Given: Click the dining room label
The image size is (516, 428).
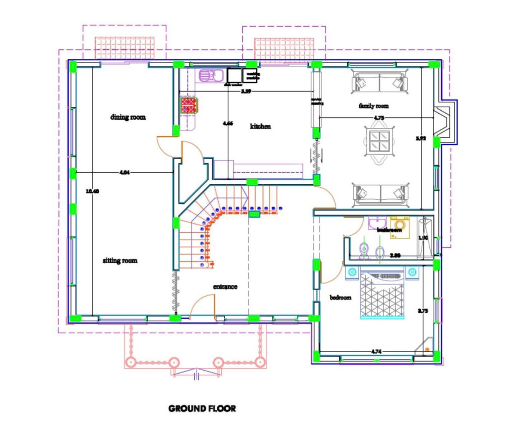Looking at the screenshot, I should click(x=128, y=117).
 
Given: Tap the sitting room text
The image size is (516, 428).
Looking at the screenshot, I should click(x=120, y=261).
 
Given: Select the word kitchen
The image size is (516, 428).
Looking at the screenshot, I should click(x=261, y=126).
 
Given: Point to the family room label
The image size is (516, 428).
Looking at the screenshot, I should click(x=373, y=106).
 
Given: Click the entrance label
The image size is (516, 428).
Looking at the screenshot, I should click(x=225, y=287).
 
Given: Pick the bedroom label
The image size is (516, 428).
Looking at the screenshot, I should click(x=340, y=298).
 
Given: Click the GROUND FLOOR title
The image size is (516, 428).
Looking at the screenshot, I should click(x=202, y=408).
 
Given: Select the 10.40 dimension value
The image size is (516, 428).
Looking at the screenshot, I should click(x=92, y=191).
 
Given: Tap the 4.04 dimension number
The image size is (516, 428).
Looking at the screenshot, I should click(x=124, y=173).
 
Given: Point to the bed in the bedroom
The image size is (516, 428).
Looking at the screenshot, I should click(x=382, y=297).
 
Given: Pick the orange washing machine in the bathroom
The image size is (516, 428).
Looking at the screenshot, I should click(x=401, y=224).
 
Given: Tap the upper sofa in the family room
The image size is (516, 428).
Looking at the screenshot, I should click(x=379, y=82).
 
